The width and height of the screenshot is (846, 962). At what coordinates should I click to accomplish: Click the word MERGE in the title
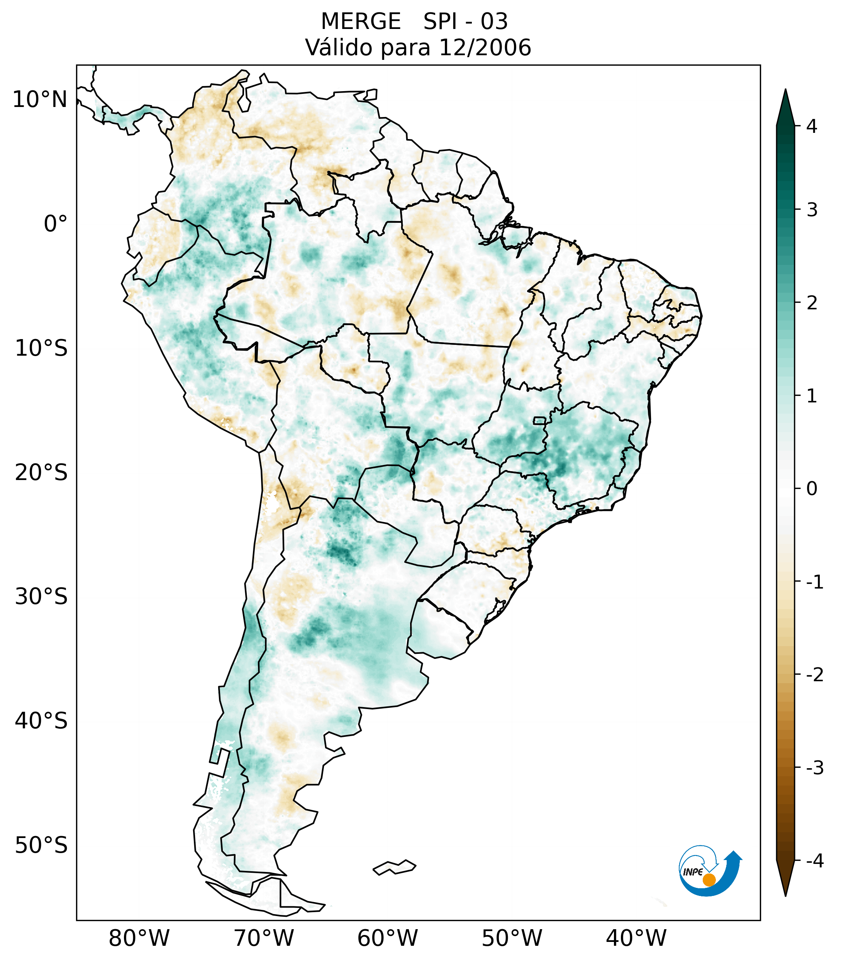tap(361, 22)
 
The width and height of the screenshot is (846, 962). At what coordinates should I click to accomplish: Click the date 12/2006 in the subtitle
tap(485, 48)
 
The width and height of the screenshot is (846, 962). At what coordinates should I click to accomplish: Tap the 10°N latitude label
tap(40, 100)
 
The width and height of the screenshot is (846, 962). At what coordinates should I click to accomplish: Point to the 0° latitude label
tap(56, 224)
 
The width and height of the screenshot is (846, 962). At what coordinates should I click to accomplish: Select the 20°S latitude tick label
tap(41, 473)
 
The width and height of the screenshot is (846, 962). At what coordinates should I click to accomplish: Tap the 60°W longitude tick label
tap(387, 938)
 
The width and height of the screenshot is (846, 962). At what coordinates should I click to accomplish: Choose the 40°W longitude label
tap(636, 938)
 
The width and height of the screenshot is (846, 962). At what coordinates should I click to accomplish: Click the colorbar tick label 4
tap(812, 126)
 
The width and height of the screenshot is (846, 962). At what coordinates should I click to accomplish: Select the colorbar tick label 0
tap(812, 489)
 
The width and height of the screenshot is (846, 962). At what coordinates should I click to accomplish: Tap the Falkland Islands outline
tap(394, 867)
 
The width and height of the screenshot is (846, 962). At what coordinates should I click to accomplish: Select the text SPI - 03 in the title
tap(465, 22)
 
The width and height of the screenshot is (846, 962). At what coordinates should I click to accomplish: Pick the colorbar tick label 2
tap(812, 303)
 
